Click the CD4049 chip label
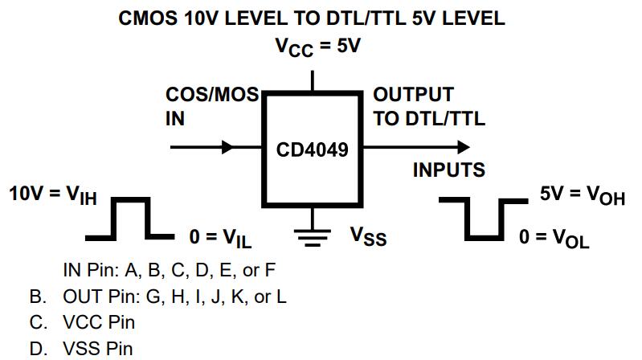[x=313, y=149]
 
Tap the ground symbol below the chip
[x=313, y=233]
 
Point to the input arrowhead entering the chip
[x=227, y=147]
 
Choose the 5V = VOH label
[x=582, y=194]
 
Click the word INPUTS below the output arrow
[x=448, y=170]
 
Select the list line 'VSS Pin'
[x=98, y=349]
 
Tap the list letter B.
[x=37, y=297]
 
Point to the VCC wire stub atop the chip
[x=313, y=80]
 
